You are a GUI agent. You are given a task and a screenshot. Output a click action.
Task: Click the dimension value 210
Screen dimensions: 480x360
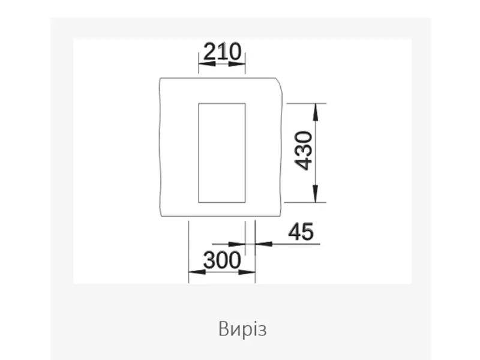222,52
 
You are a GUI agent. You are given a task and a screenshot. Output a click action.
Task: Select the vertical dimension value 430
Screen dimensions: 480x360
304,151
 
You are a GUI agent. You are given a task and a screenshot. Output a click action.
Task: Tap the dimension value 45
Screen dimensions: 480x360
301,232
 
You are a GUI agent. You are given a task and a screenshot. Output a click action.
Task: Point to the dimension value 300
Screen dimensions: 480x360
222,260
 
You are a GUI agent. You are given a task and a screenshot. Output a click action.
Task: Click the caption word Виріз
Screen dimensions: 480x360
242,329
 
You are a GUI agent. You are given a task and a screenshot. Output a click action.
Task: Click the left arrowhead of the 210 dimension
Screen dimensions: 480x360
206,64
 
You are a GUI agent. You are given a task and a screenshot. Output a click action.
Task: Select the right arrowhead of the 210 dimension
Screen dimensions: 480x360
237,64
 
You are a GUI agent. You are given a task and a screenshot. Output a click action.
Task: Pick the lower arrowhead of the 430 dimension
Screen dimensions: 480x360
316,194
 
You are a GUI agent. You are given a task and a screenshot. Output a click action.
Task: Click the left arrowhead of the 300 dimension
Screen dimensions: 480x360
197,272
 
